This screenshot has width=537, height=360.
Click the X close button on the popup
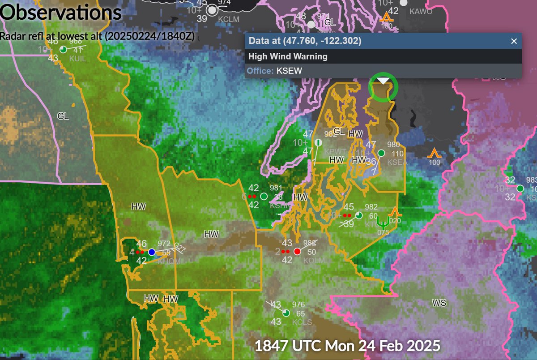[x=514, y=41]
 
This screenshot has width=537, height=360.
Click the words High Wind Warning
[x=288, y=56]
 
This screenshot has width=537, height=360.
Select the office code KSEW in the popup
[x=290, y=71]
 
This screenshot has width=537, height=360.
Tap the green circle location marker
[x=383, y=87]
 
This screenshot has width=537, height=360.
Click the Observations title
[x=61, y=13]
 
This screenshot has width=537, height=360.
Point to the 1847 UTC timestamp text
[x=347, y=346]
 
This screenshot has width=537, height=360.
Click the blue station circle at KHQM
[x=152, y=252]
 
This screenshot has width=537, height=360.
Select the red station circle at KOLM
[x=297, y=251]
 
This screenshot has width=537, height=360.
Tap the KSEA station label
[x=396, y=162]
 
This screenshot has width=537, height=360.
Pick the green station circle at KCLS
[x=286, y=313]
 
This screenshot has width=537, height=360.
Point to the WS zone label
[x=439, y=303]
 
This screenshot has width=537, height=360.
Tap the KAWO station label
[x=421, y=12]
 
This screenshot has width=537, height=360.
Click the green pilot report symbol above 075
[x=383, y=221]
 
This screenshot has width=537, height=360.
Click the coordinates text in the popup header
[x=305, y=41]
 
